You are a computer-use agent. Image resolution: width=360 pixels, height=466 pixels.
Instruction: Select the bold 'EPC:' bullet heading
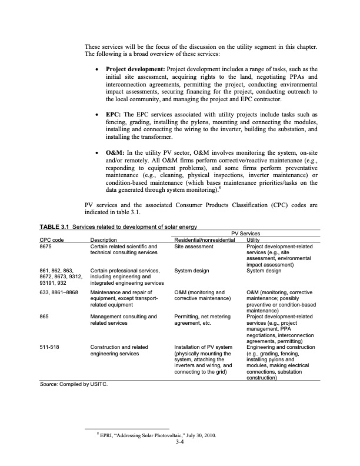coord(114,114)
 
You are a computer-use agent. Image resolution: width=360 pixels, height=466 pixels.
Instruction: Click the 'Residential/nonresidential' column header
coord(201,240)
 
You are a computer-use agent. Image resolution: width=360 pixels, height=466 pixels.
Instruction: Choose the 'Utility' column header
coord(254,240)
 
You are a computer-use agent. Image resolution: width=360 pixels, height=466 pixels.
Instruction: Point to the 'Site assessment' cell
coord(194,246)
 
